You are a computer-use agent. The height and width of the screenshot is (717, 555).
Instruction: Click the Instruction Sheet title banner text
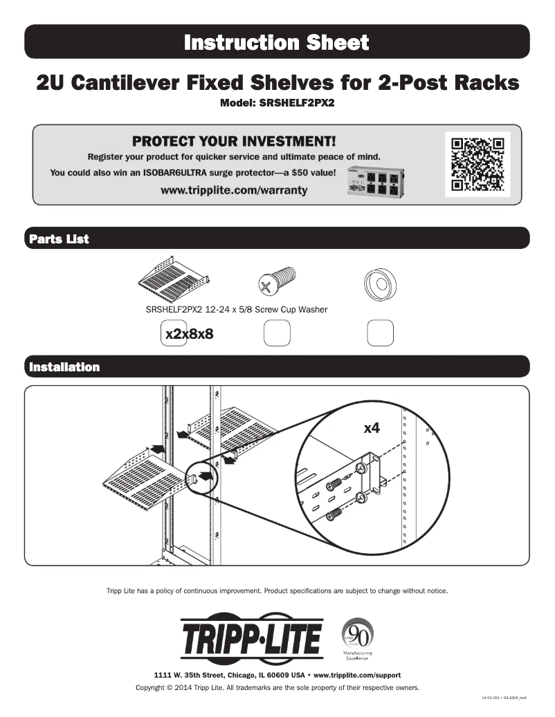(x=277, y=43)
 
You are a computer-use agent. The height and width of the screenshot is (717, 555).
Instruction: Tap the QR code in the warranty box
(x=477, y=165)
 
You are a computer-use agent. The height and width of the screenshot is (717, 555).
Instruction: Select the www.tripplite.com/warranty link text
(x=233, y=189)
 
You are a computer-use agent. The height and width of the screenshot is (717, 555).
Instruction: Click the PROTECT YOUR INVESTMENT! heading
(x=233, y=142)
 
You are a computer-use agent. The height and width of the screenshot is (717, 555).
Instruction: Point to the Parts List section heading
(x=59, y=239)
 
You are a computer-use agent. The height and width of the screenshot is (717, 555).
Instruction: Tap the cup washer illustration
(x=379, y=282)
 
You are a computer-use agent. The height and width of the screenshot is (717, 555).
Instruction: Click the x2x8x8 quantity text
(x=188, y=334)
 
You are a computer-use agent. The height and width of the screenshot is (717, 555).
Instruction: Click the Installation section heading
(x=64, y=367)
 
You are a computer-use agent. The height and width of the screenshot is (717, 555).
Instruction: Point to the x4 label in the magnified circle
(x=372, y=428)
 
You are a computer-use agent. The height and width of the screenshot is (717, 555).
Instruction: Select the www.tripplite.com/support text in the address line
(x=357, y=674)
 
